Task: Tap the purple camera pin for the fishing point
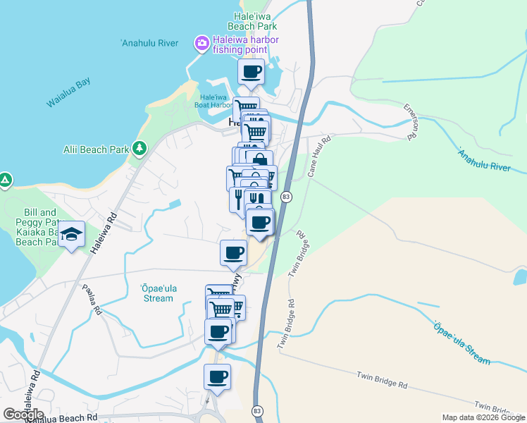click(202, 44)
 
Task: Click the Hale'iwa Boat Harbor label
click(214, 102)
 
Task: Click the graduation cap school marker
click(71, 235)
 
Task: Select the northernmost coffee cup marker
click(251, 71)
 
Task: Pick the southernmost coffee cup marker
click(217, 377)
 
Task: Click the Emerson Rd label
click(410, 121)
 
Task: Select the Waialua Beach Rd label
click(60, 418)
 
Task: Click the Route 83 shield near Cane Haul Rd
click(285, 196)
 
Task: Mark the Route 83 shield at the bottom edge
click(257, 411)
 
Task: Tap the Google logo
click(23, 415)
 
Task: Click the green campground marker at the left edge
click(4, 181)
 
